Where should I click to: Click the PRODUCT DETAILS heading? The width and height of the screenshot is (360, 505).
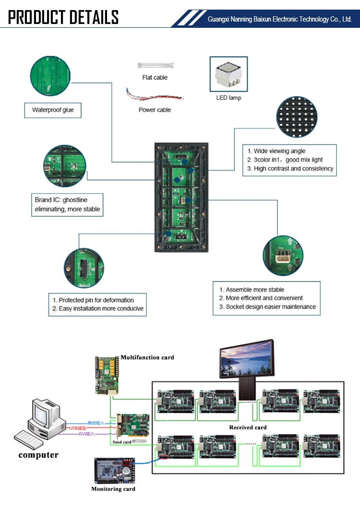click(x=63, y=17)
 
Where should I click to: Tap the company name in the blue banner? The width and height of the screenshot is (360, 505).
click(x=279, y=20)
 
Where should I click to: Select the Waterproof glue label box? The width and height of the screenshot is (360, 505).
click(x=53, y=110)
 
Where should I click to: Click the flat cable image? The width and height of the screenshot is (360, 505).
click(x=155, y=65)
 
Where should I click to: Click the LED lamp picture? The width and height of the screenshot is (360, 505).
click(x=228, y=74)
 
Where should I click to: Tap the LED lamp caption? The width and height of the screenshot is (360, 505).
click(x=228, y=98)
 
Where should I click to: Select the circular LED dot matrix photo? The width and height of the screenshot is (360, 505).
click(x=296, y=117)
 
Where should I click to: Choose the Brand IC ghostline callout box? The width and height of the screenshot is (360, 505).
click(x=67, y=205)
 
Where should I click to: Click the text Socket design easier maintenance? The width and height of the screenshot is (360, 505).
click(x=271, y=307)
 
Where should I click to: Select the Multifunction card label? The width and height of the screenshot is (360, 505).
click(x=147, y=357)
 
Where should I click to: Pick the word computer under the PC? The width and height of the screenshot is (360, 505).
click(x=38, y=455)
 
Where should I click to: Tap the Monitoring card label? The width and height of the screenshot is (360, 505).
click(x=113, y=489)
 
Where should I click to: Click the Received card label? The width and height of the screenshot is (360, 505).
click(x=248, y=427)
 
